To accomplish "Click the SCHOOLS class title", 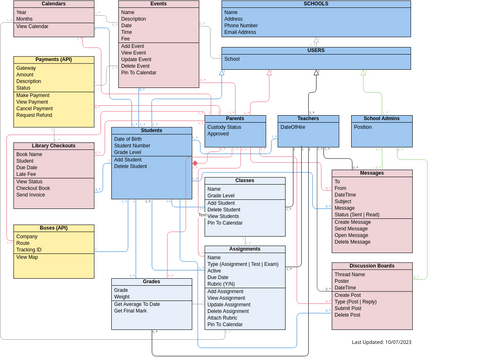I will pyautogui.click(x=314, y=4).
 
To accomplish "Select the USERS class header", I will pyautogui.click(x=315, y=50).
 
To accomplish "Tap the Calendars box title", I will pyautogui.click(x=53, y=4).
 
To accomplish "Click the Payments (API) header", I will pyautogui.click(x=54, y=60).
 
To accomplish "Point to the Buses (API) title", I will pyautogui.click(x=54, y=228).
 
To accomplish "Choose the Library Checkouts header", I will pyautogui.click(x=54, y=146).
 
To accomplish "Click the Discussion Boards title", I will pyautogui.click(x=371, y=266).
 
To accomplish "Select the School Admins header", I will pyautogui.click(x=381, y=119).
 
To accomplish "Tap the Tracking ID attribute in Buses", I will pyautogui.click(x=30, y=250).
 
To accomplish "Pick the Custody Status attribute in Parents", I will pyautogui.click(x=224, y=127).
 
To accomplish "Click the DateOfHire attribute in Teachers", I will pyautogui.click(x=294, y=127).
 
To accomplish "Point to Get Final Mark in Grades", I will pyautogui.click(x=132, y=311).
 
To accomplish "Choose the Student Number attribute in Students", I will pyautogui.click(x=134, y=145).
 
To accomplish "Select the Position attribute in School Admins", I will pyautogui.click(x=363, y=127).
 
